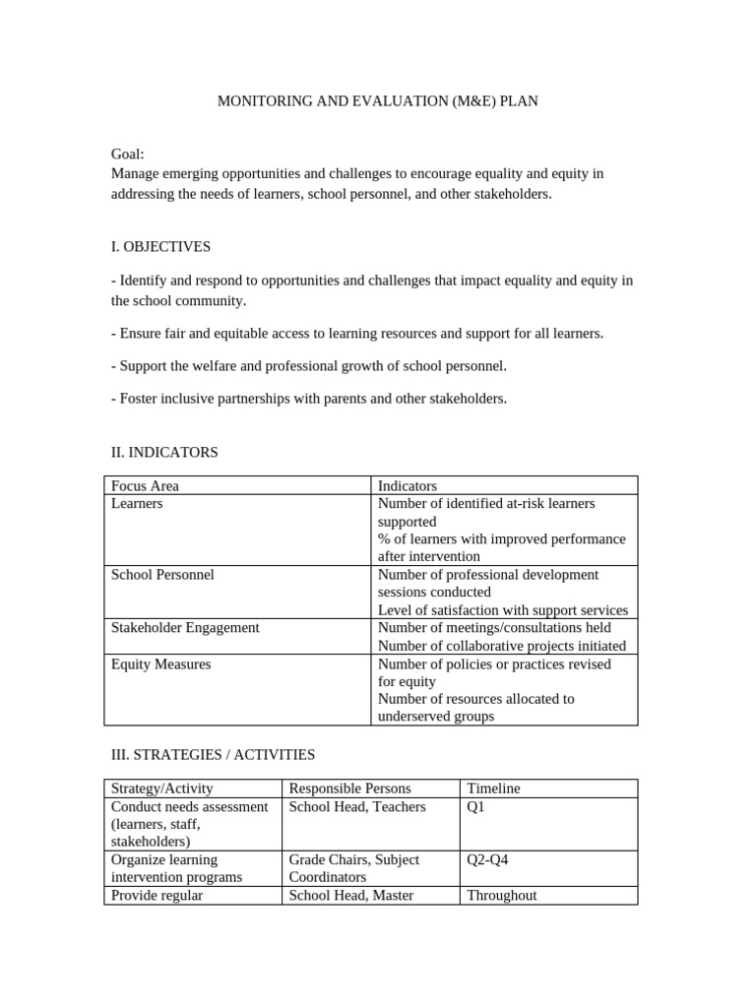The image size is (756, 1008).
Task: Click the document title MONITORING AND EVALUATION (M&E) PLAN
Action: [377, 101]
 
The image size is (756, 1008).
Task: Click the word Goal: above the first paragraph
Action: [128, 155]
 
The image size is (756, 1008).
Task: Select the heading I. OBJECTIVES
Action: [160, 246]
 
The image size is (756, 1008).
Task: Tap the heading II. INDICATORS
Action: [164, 452]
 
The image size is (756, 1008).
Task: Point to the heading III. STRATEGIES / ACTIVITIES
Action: [213, 754]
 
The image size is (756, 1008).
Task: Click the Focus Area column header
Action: [146, 485]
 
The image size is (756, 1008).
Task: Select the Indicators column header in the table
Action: [407, 485]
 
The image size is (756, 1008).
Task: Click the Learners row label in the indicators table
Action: [137, 503]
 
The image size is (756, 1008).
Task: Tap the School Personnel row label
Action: [162, 574]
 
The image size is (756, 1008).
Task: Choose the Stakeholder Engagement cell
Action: [185, 627]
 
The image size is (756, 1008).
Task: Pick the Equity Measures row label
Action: [160, 663]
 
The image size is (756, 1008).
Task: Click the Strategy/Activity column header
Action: [162, 788]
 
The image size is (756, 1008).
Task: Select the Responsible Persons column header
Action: [349, 788]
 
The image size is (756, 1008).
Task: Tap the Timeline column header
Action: [493, 788]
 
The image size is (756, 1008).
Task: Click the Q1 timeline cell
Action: [476, 806]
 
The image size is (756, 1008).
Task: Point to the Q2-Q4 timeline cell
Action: [487, 859]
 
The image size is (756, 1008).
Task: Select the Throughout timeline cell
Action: [502, 896]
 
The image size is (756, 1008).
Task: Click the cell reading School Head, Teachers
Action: [357, 806]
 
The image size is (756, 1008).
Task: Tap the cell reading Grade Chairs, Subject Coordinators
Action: [353, 868]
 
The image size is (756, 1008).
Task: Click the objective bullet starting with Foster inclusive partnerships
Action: [309, 399]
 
